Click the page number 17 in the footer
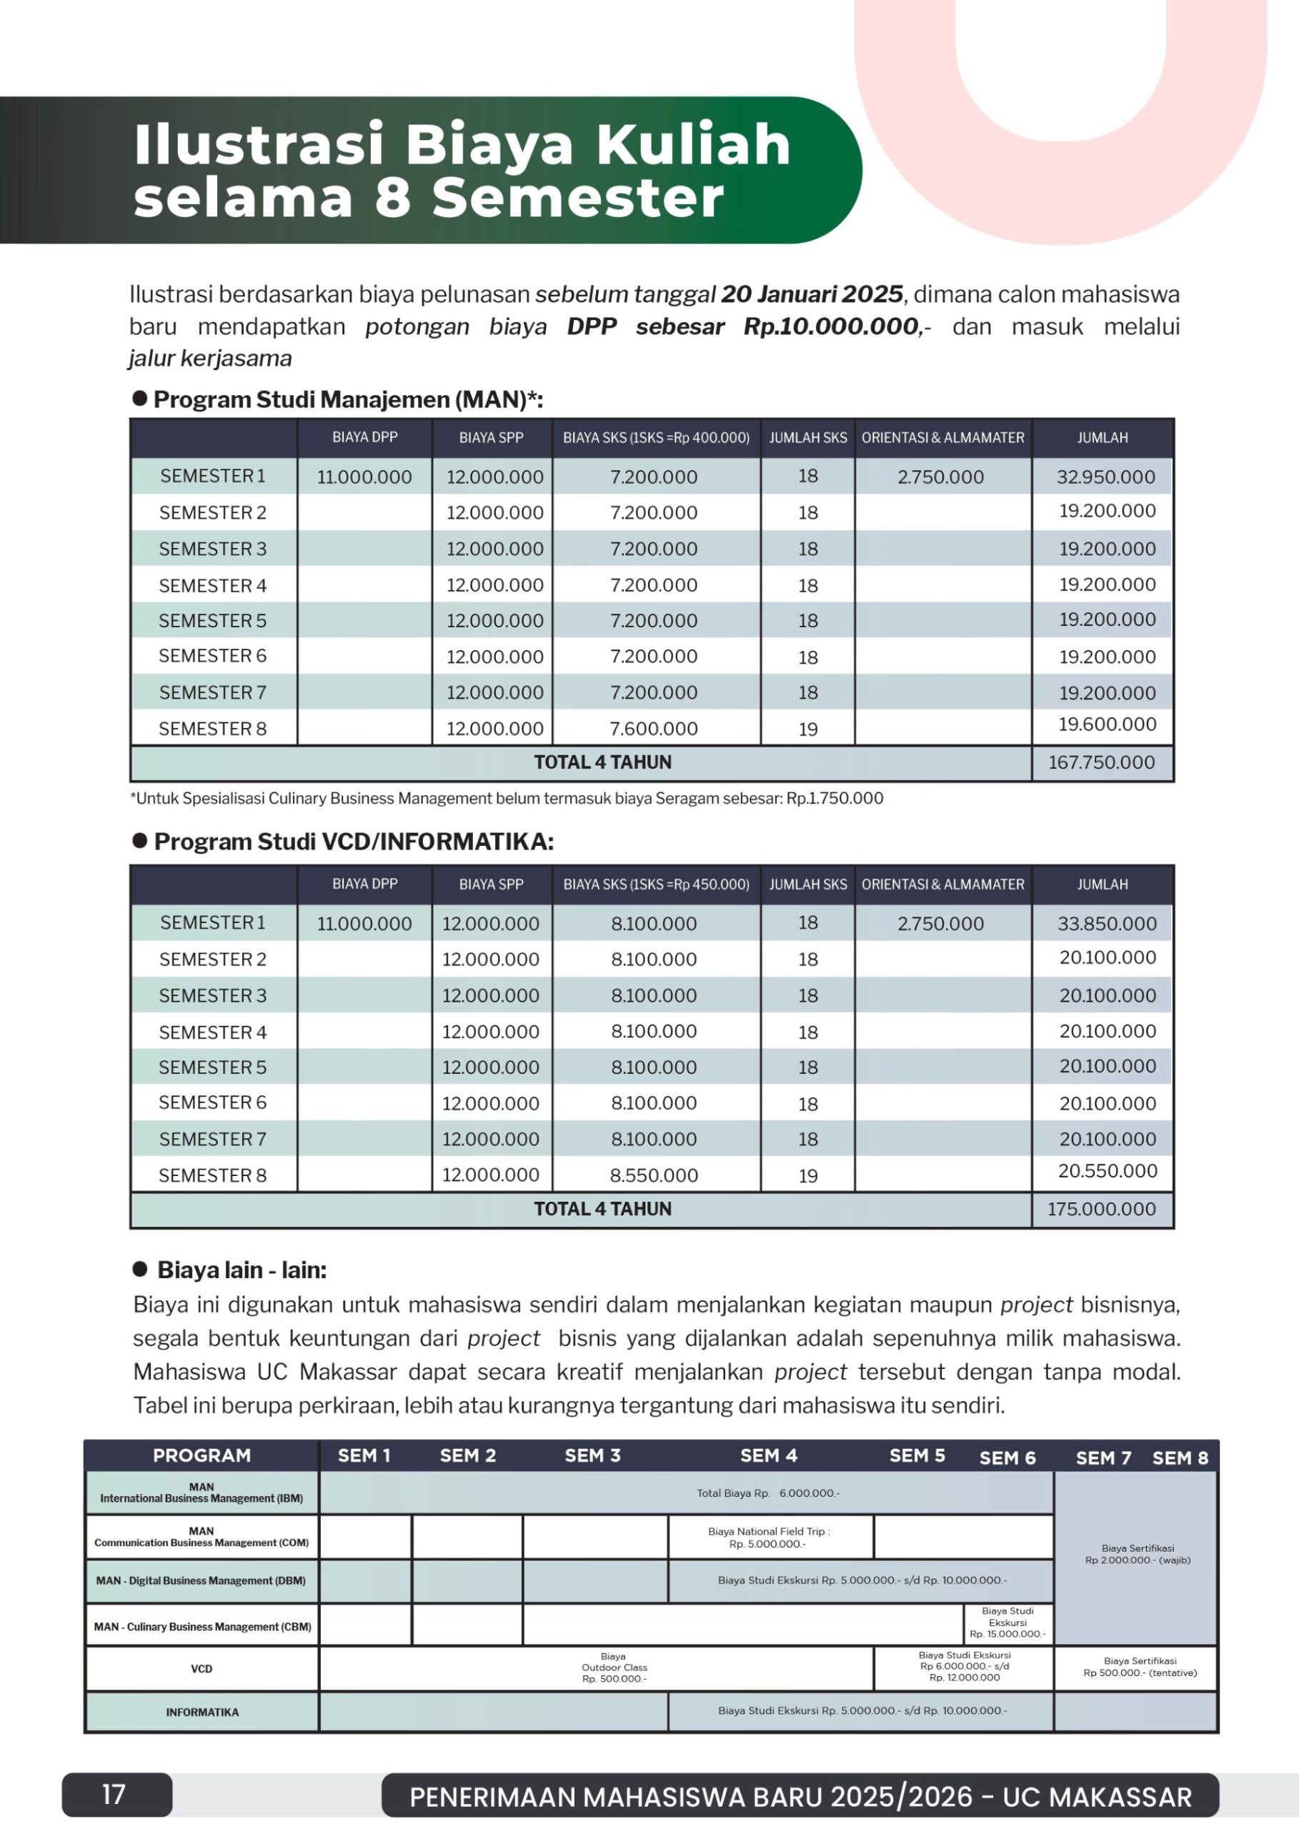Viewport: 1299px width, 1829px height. [114, 1794]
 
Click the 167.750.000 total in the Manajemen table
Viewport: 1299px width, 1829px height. [1101, 762]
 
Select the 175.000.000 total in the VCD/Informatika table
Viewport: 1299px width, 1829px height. [1101, 1208]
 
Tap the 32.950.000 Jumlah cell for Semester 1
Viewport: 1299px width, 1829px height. [1105, 477]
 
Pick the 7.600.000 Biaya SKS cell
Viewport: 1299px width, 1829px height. [654, 729]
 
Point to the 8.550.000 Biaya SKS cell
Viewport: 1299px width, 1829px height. [654, 1175]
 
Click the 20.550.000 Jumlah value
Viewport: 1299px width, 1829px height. [1107, 1171]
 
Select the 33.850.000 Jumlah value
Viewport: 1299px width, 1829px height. [1106, 924]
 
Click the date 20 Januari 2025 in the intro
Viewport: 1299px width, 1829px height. [812, 294]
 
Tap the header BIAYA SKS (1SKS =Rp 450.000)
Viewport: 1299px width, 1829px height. [656, 884]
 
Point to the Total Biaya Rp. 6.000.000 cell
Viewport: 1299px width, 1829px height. [767, 1493]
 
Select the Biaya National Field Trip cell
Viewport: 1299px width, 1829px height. [769, 1537]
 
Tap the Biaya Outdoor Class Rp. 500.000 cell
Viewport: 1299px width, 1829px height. [614, 1668]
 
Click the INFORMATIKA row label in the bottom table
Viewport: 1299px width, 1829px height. [202, 1713]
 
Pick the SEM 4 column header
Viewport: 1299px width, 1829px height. [768, 1455]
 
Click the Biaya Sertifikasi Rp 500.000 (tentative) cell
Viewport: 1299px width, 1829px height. [1139, 1667]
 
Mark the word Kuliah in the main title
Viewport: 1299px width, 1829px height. [692, 145]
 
